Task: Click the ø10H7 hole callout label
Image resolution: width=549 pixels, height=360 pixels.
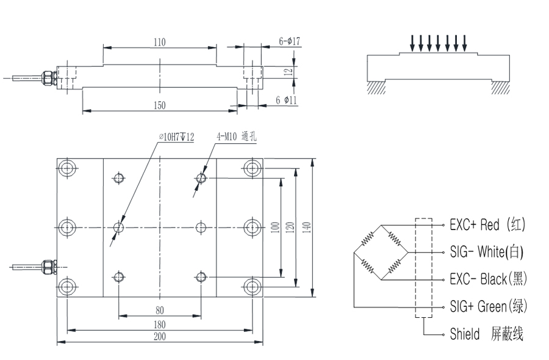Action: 176,137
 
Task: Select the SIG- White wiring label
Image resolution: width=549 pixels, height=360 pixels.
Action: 486,251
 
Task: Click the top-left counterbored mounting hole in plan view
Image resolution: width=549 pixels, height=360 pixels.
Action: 67,168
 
